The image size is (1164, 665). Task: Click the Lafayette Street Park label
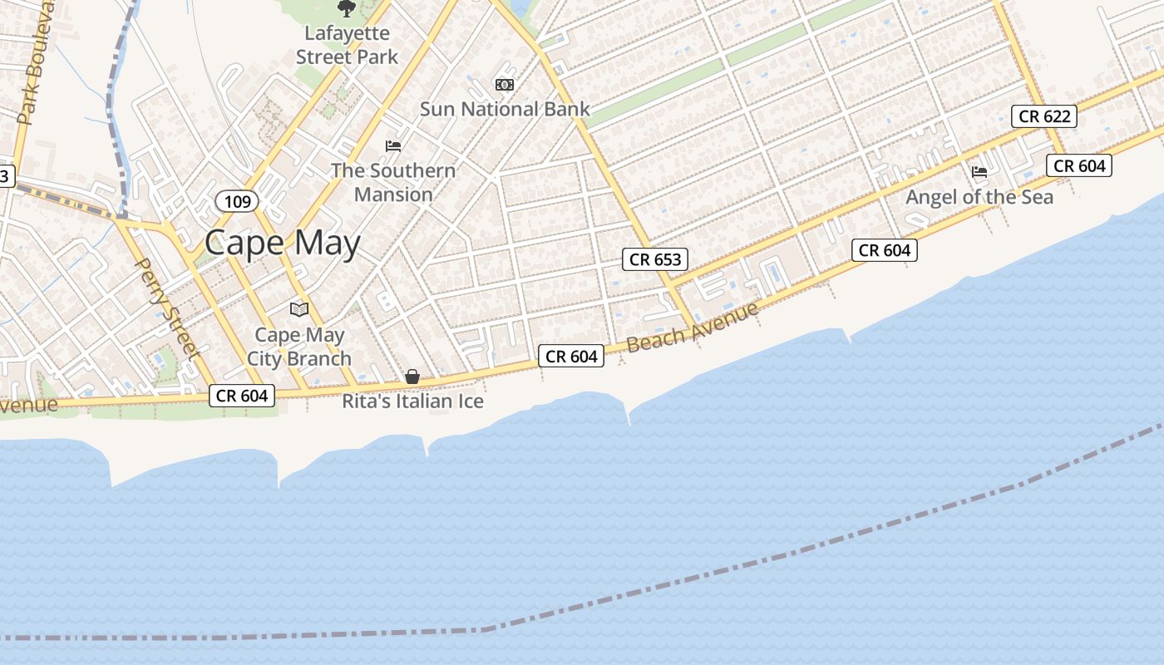[347, 46]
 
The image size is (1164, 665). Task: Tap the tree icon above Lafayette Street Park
[346, 8]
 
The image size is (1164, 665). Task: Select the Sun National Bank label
[505, 109]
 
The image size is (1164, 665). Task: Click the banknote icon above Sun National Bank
[504, 85]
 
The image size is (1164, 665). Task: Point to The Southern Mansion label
[393, 182]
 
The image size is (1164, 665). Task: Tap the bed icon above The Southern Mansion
[393, 146]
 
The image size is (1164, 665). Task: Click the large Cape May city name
[283, 244]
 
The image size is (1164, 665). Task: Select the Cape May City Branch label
[299, 347]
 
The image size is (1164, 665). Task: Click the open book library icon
[299, 309]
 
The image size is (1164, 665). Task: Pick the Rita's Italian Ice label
[412, 401]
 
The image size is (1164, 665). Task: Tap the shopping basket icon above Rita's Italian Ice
[412, 377]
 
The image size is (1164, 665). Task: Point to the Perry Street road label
[167, 308]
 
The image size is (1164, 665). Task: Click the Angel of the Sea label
[979, 197]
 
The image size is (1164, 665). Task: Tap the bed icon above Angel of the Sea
[979, 172]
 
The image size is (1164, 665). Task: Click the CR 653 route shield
[655, 259]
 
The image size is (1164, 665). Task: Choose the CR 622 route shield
[1044, 116]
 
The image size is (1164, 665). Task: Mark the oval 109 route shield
[237, 201]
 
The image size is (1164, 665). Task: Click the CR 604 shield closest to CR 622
[1079, 165]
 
